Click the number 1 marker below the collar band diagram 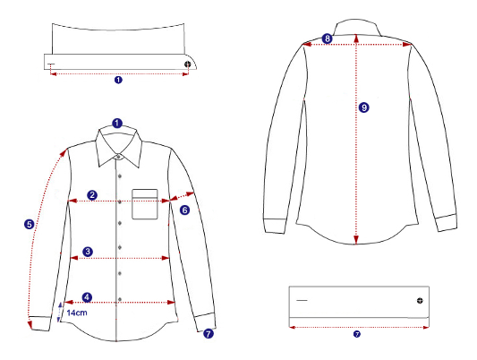pyautogui.click(x=118, y=80)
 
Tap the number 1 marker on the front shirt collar pyautogui.click(x=117, y=124)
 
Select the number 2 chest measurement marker pyautogui.click(x=92, y=195)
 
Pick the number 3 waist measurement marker pyautogui.click(x=88, y=252)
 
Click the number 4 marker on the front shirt pyautogui.click(x=88, y=297)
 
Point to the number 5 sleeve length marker pyautogui.click(x=29, y=225)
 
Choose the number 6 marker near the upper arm pyautogui.click(x=184, y=210)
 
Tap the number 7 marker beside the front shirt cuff pyautogui.click(x=209, y=333)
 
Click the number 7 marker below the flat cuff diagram pyautogui.click(x=357, y=334)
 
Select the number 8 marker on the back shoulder pyautogui.click(x=327, y=39)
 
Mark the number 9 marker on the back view pyautogui.click(x=364, y=107)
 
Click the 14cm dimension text pyautogui.click(x=77, y=313)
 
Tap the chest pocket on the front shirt pyautogui.click(x=145, y=204)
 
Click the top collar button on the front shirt pyautogui.click(x=119, y=157)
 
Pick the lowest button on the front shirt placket pyautogui.click(x=120, y=300)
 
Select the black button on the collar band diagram pyautogui.click(x=188, y=64)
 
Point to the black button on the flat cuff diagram pyautogui.click(x=420, y=301)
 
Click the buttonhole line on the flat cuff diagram pyautogui.click(x=302, y=301)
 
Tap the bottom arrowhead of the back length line pyautogui.click(x=356, y=239)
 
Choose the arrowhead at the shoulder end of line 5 pyautogui.click(x=64, y=152)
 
